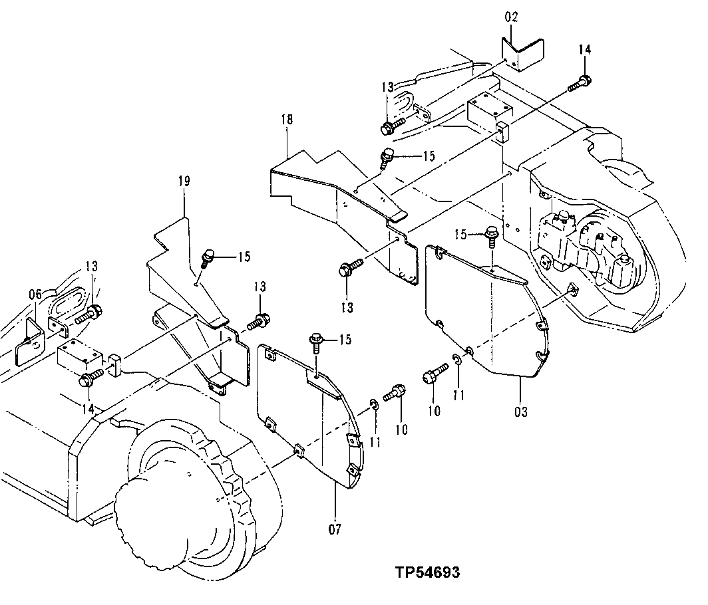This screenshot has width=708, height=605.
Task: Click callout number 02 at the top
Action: (511, 17)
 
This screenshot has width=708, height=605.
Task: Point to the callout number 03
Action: (520, 413)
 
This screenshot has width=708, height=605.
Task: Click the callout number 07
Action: (335, 530)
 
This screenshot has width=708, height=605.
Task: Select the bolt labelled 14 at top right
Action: (581, 84)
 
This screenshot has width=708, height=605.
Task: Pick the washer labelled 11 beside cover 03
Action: (457, 360)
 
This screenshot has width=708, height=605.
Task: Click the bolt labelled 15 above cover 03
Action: (492, 236)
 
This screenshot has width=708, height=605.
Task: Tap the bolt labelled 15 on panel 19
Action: (206, 257)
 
